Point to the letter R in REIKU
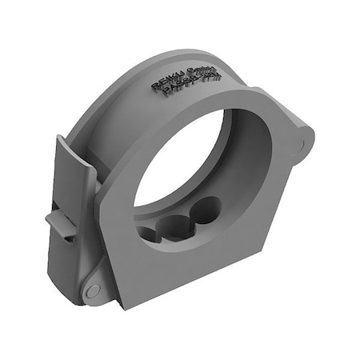pyautogui.click(x=154, y=86)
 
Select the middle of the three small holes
pyautogui.click(x=178, y=225)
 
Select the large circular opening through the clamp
pyautogui.click(x=192, y=160)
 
